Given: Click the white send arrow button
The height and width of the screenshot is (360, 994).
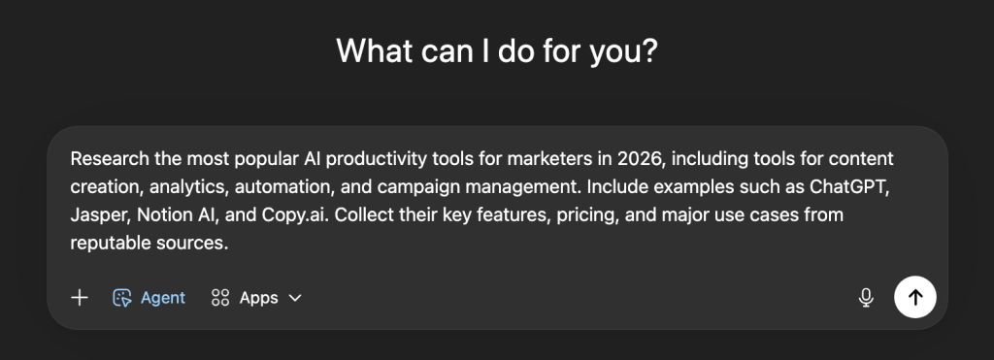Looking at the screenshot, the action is (914, 297).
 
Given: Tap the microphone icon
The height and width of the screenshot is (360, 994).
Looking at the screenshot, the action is (865, 298).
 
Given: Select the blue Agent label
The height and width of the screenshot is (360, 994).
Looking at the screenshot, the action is (163, 298).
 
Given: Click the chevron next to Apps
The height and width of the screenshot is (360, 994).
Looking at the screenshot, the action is (295, 298).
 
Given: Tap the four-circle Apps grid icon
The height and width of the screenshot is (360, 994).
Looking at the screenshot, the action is (220, 298).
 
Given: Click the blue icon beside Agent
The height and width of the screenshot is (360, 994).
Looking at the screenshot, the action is (121, 298).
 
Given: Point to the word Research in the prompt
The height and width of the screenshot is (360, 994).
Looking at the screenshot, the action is (110, 158).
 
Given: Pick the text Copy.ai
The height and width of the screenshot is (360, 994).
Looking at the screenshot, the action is (295, 215).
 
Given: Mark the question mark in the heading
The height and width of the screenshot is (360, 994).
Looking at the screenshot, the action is (648, 49).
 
